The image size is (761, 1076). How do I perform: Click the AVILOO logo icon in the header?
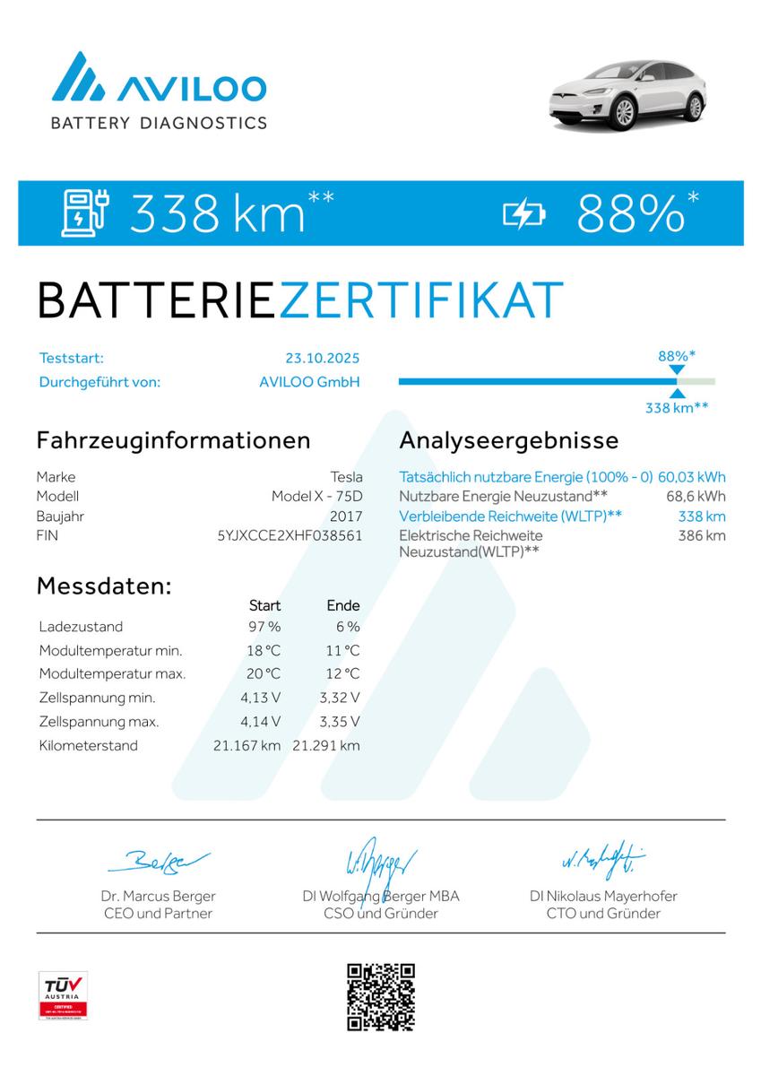coord(79,77)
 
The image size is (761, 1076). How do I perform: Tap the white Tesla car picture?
coord(627,92)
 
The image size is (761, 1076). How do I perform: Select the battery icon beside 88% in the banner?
coord(523,213)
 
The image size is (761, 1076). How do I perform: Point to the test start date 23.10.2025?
coord(323,358)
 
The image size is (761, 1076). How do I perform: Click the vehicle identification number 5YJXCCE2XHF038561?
coord(290,535)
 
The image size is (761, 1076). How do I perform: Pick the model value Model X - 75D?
coord(317,496)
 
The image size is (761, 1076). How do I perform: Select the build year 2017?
coord(346,516)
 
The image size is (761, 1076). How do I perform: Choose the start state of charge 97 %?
coord(264,627)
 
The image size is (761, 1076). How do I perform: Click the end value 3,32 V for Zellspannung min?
coord(341,698)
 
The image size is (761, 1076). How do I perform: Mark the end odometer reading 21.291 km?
coord(326,745)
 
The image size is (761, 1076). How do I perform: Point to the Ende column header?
coord(343,606)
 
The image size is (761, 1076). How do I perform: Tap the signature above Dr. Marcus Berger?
coord(158,862)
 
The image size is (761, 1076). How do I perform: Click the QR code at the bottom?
coord(381,996)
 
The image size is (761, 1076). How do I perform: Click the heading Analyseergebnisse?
coord(508,440)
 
